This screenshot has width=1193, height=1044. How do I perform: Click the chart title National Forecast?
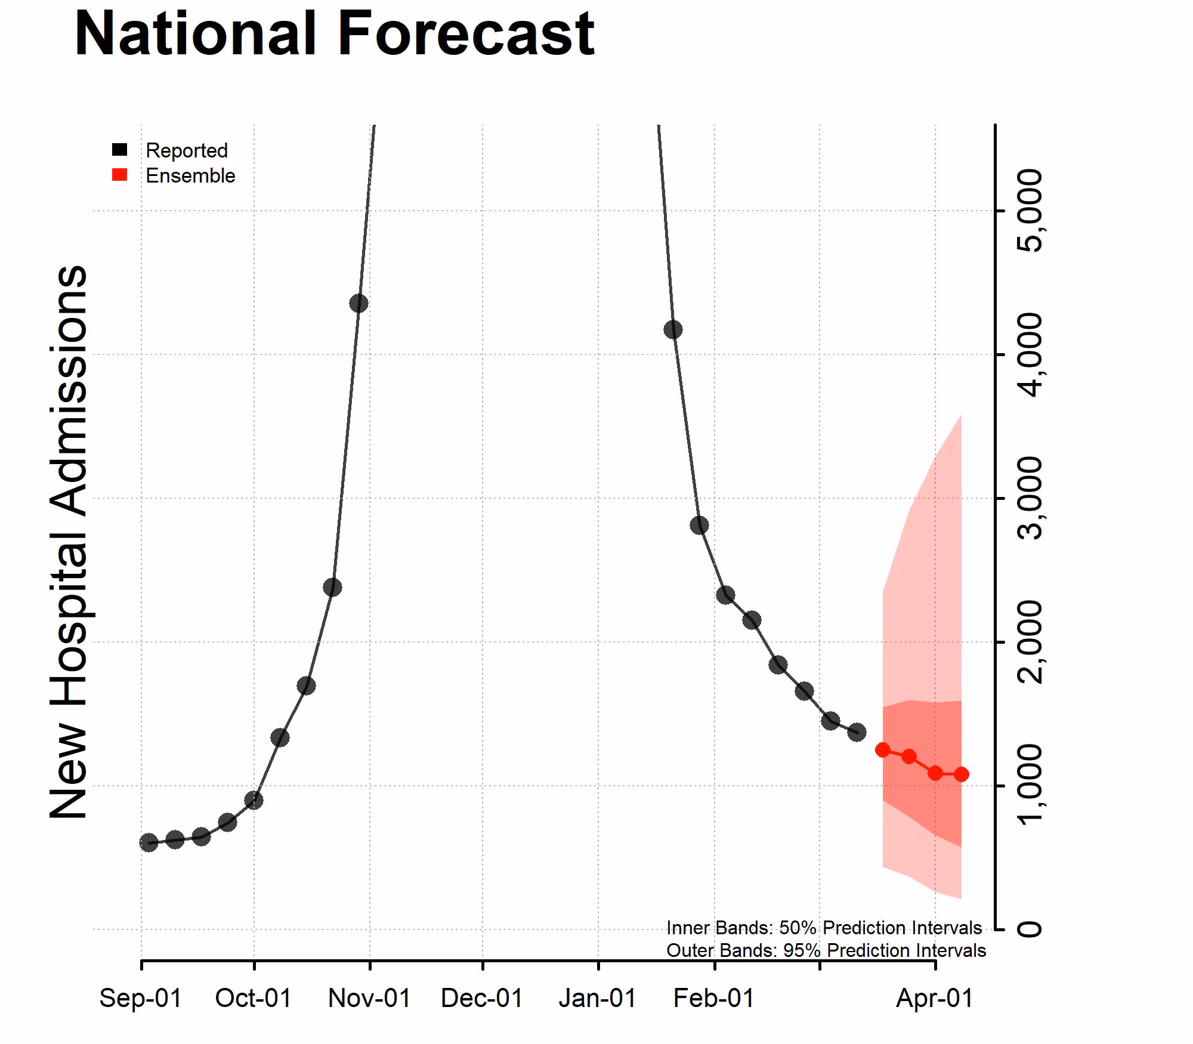pyautogui.click(x=334, y=35)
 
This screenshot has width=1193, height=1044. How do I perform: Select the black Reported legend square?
pyautogui.click(x=120, y=150)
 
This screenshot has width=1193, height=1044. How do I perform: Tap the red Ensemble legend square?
pyautogui.click(x=120, y=175)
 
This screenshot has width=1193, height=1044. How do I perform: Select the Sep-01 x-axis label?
pyautogui.click(x=141, y=998)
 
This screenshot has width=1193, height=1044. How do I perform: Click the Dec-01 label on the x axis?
pyautogui.click(x=482, y=998)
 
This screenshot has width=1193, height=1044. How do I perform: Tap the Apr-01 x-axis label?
pyautogui.click(x=934, y=998)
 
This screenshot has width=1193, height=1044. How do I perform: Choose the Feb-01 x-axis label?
pyautogui.click(x=714, y=998)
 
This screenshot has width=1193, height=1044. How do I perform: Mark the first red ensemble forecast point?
pyautogui.click(x=883, y=750)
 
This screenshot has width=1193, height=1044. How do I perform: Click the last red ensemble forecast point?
pyautogui.click(x=961, y=774)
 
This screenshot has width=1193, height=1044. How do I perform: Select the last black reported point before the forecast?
pyautogui.click(x=857, y=732)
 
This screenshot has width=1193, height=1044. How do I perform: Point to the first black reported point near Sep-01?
pyautogui.click(x=149, y=842)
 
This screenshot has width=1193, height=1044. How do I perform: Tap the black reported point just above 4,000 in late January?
pyautogui.click(x=673, y=329)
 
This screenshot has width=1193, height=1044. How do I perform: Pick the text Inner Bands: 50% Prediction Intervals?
pyautogui.click(x=824, y=928)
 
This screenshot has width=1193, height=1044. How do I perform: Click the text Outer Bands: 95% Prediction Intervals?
pyautogui.click(x=826, y=950)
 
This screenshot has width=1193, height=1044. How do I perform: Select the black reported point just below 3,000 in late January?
pyautogui.click(x=699, y=525)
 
